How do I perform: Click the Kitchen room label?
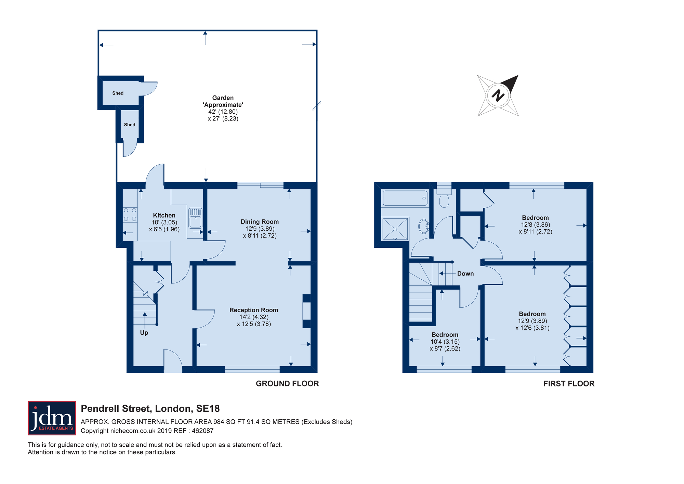click(x=164, y=215)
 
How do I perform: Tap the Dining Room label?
click(x=260, y=222)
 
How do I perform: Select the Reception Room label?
click(x=254, y=310)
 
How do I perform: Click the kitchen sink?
click(x=195, y=218)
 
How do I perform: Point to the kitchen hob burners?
click(x=130, y=215)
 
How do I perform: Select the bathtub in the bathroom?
click(x=405, y=198)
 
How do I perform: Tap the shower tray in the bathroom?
click(x=395, y=229)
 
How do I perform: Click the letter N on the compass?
click(x=498, y=95)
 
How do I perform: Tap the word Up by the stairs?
click(x=144, y=333)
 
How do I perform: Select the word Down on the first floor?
click(x=465, y=273)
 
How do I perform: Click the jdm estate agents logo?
click(x=52, y=418)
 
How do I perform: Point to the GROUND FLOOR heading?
click(x=287, y=384)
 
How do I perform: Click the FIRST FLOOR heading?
click(x=569, y=384)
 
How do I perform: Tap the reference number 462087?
click(x=203, y=431)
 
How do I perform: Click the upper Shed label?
click(x=118, y=93)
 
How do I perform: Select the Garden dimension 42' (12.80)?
click(x=223, y=112)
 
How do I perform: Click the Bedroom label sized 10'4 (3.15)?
click(x=445, y=335)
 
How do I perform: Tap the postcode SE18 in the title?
click(x=208, y=409)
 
